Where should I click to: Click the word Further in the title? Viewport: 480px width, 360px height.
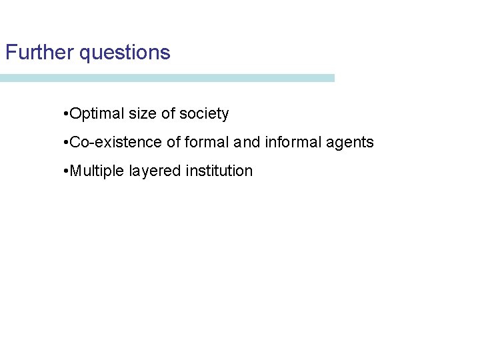tap(39, 53)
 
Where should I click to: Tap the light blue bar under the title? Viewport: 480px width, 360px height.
tap(167, 78)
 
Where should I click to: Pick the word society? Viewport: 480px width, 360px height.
tap(204, 114)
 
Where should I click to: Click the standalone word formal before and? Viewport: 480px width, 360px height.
tap(207, 142)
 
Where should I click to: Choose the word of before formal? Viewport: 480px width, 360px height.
tap(175, 142)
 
